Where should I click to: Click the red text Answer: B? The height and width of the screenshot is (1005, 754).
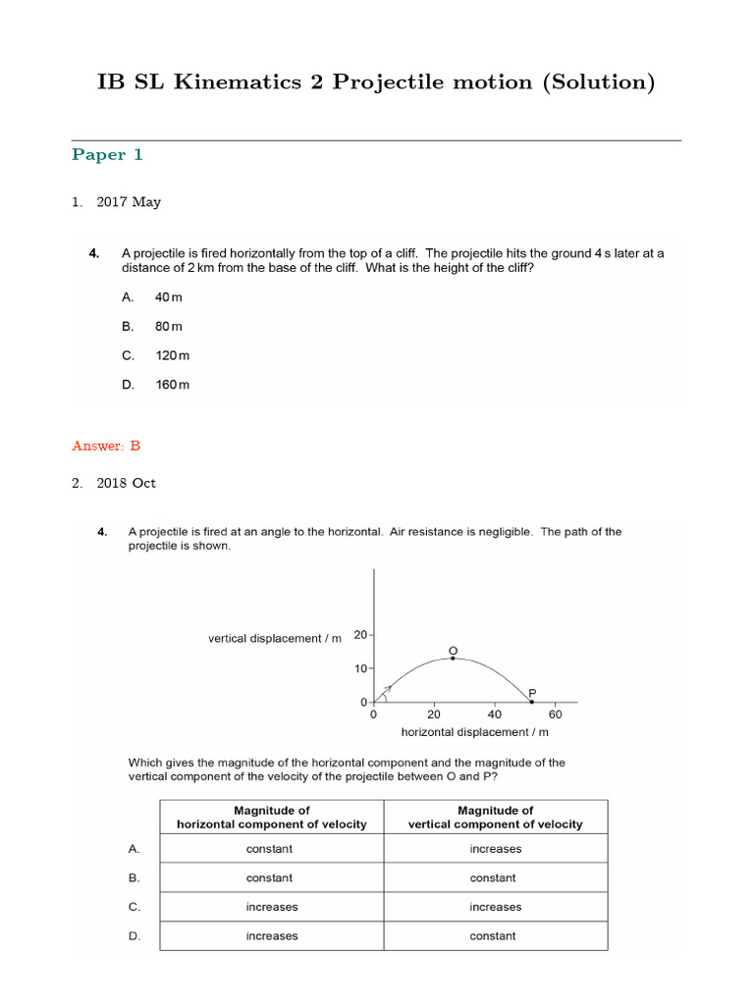pos(106,446)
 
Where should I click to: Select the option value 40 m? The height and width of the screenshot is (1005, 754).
pos(169,296)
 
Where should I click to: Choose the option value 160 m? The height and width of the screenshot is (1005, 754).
pos(172,385)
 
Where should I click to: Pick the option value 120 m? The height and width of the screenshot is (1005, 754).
pos(172,355)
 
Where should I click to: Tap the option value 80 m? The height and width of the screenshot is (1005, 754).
pos(169,326)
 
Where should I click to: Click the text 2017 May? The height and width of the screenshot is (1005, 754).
pos(129,202)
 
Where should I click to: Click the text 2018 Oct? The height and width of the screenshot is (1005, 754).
pos(126,483)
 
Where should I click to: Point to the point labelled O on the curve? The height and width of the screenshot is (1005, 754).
pos(452,659)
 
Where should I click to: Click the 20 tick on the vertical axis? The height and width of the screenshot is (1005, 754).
pos(360,635)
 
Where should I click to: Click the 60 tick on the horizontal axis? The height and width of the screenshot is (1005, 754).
pos(555,714)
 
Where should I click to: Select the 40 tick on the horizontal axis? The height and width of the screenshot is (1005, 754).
pos(494,714)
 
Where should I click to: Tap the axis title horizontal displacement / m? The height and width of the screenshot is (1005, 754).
pos(474,732)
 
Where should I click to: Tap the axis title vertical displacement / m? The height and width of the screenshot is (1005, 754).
pos(275,639)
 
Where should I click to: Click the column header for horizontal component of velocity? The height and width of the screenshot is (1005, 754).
pos(271,818)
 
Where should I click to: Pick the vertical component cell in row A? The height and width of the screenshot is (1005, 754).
pos(495,849)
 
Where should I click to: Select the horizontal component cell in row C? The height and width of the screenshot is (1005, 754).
pos(271,907)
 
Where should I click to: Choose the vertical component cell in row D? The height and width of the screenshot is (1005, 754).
pos(493,936)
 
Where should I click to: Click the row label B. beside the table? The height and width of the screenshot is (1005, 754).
pos(135,878)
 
